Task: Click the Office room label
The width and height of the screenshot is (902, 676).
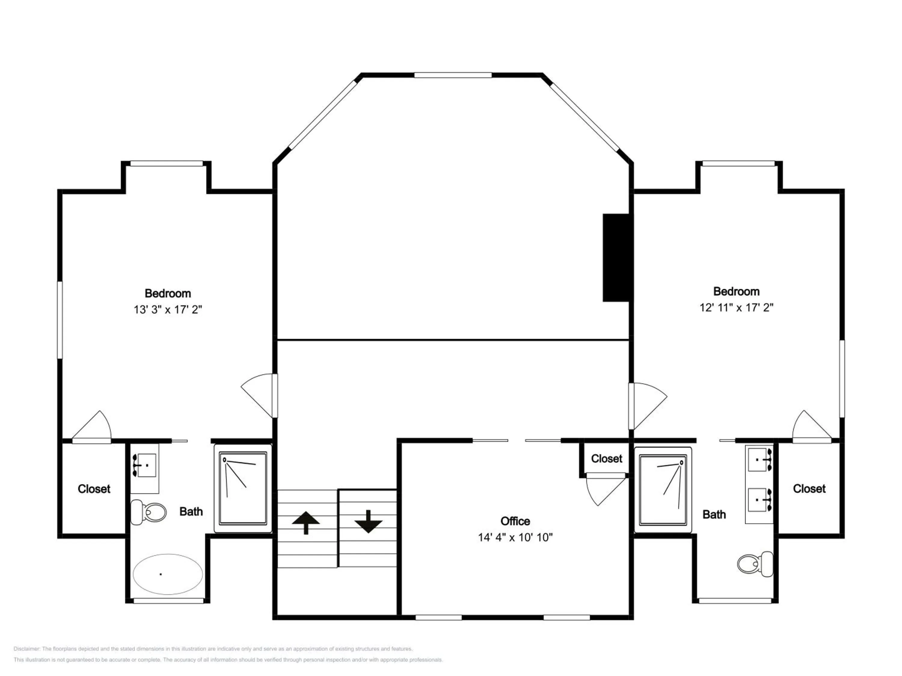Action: click(x=515, y=521)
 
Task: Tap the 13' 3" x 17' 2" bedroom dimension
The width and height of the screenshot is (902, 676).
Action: click(x=167, y=310)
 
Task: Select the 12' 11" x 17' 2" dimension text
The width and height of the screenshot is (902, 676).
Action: click(x=736, y=308)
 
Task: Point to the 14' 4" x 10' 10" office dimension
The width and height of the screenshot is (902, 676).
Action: click(x=515, y=537)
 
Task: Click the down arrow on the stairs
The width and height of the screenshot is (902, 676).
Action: click(x=368, y=522)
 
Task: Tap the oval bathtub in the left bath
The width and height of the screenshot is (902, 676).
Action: click(x=167, y=574)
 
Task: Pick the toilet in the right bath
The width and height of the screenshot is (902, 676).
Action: click(x=755, y=564)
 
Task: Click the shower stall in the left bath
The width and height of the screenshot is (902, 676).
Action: click(x=243, y=488)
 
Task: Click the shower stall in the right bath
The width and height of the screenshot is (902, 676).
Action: click(x=663, y=490)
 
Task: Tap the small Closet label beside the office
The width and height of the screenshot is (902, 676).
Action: click(x=607, y=459)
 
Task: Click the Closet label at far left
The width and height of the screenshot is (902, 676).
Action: click(x=94, y=489)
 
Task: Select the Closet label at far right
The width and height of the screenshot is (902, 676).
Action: click(x=809, y=489)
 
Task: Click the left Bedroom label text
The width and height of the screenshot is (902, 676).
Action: click(x=167, y=293)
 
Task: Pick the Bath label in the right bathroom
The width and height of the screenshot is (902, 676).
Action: click(x=714, y=515)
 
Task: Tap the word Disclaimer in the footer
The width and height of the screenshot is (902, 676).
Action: click(x=26, y=649)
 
